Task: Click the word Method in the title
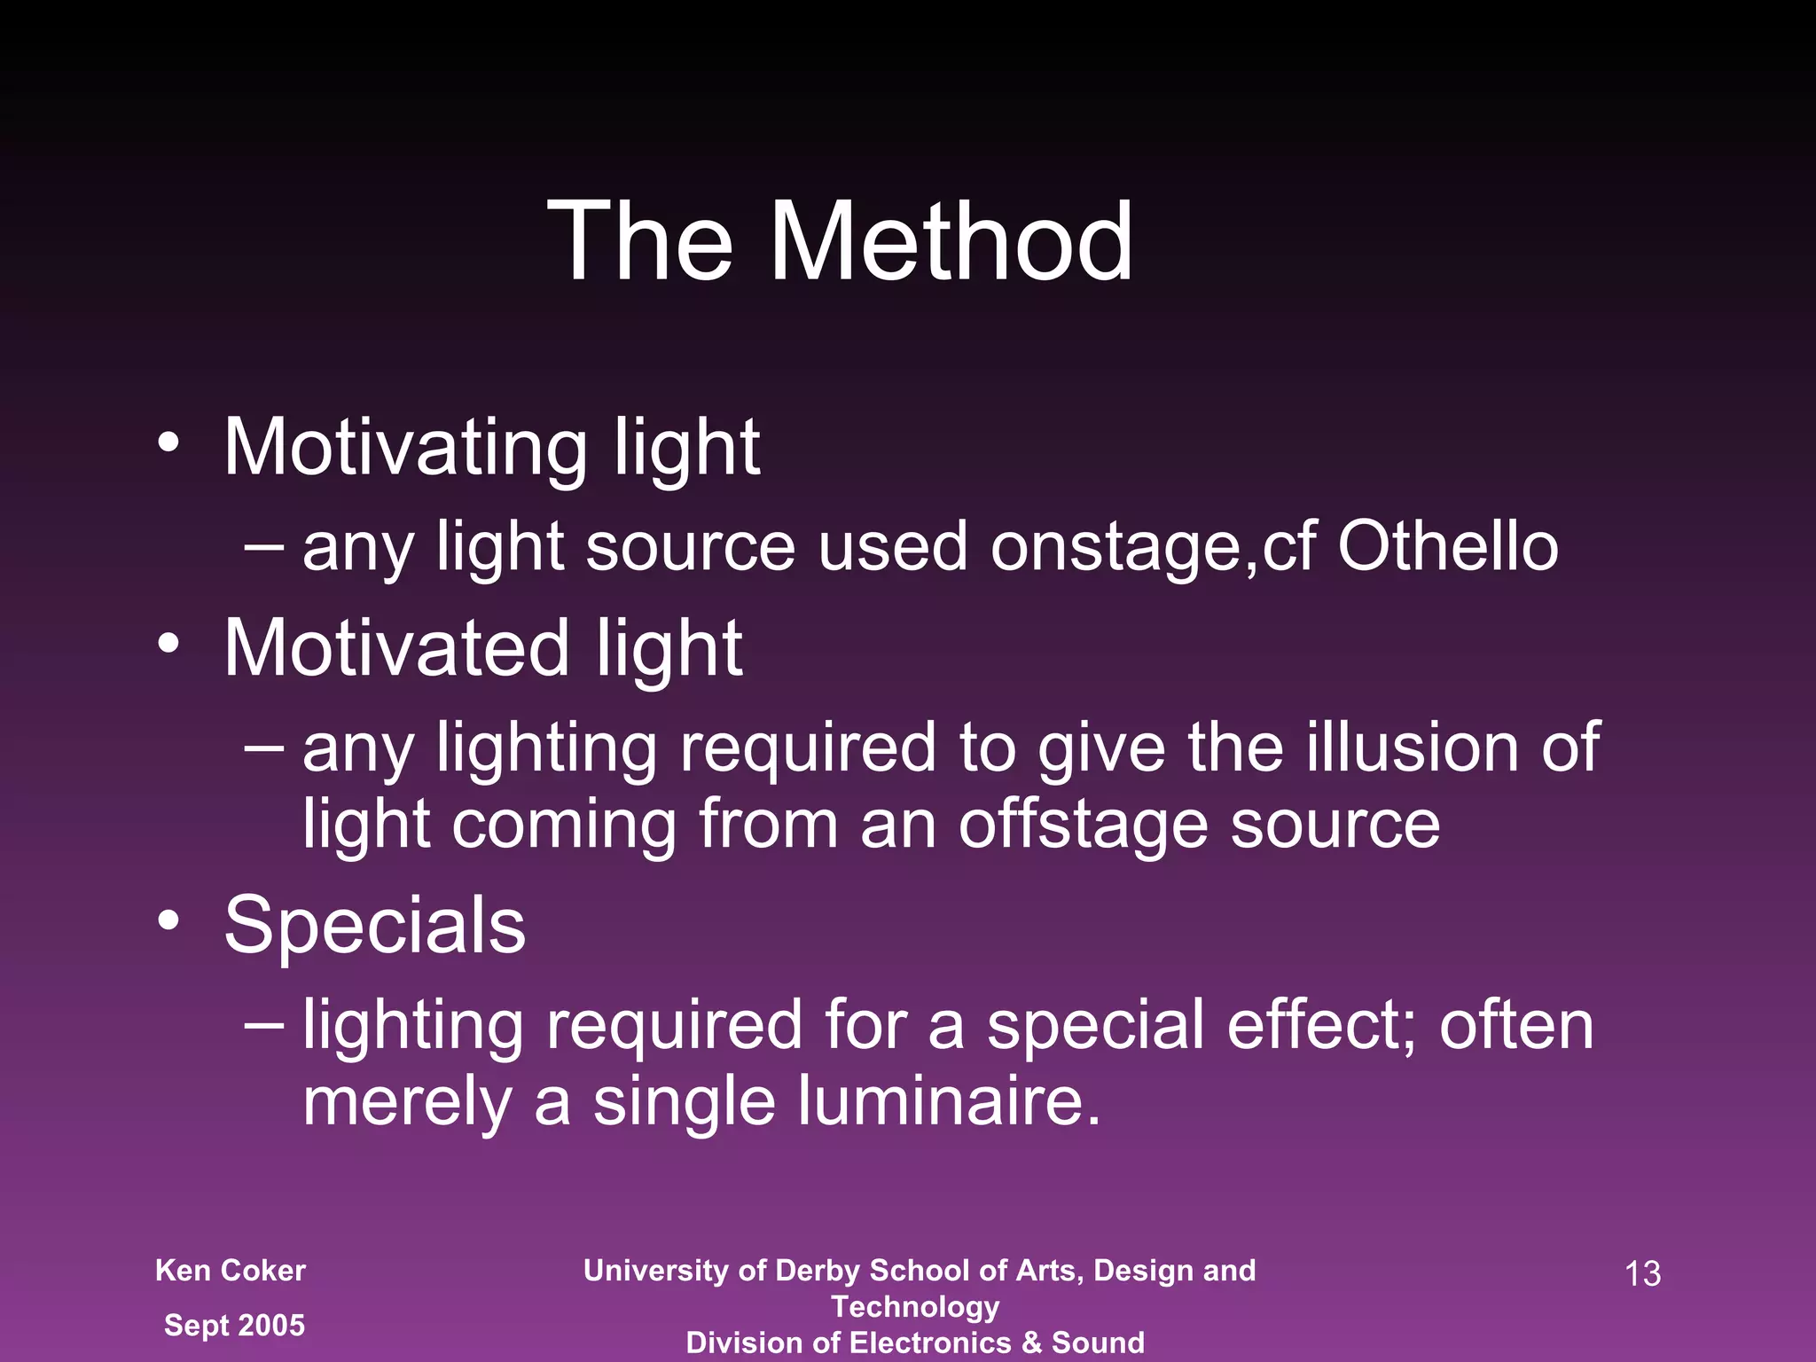click(x=951, y=241)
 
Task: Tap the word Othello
click(x=1447, y=546)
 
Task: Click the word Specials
click(x=375, y=926)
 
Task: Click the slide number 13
click(x=1642, y=1274)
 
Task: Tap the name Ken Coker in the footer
click(x=231, y=1271)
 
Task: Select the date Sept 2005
click(x=234, y=1326)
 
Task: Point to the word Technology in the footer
click(x=915, y=1307)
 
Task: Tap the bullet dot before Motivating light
click(x=168, y=442)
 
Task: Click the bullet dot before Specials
click(x=168, y=920)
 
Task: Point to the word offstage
click(x=1083, y=825)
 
